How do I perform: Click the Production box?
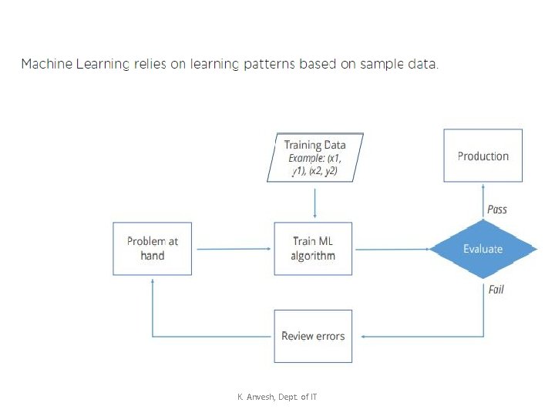pos(483,156)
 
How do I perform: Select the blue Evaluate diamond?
pos(483,249)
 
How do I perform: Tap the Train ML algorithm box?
pos(313,249)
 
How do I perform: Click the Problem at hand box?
pos(152,249)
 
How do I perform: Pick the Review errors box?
pos(313,336)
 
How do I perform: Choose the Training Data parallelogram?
pos(315,157)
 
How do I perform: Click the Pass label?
pos(497,210)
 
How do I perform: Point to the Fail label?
pos(496,290)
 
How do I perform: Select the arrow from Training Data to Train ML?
pos(314,203)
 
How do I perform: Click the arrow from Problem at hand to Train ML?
pos(234,249)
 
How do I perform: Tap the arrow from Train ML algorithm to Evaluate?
pos(392,250)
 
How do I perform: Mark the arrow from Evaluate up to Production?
pos(483,200)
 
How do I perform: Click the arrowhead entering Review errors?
pos(363,337)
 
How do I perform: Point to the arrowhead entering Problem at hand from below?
pos(152,281)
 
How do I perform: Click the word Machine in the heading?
pos(47,64)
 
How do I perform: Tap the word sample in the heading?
pos(382,65)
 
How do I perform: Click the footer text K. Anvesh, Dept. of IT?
pos(277,397)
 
